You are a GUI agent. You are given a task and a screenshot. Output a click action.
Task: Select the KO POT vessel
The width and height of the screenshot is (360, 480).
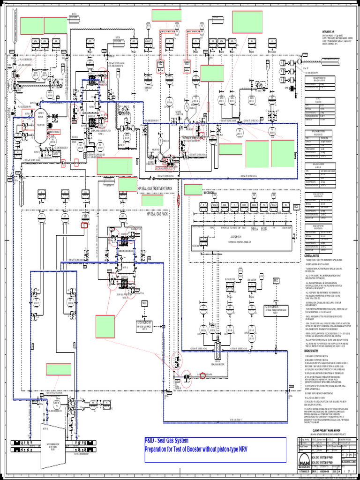click(41, 126)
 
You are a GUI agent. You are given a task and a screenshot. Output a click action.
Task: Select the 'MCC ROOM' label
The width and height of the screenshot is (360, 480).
click(208, 193)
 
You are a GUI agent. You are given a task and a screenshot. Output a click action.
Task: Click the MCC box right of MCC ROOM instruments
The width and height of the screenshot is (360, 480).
click(296, 207)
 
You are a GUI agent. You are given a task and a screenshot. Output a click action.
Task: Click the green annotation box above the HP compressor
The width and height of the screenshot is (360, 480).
click(59, 370)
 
